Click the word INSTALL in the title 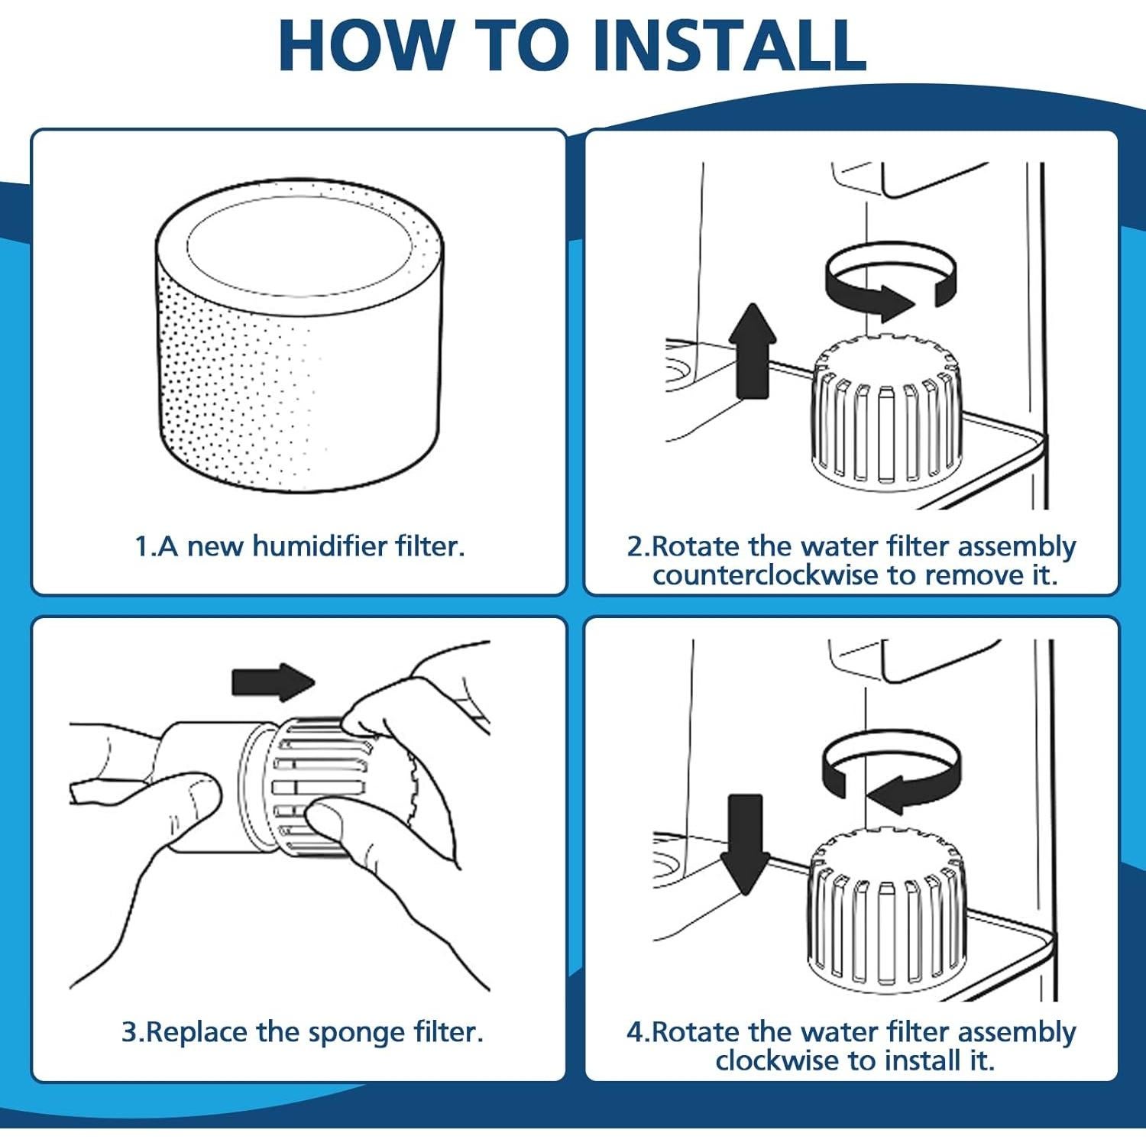tap(730, 45)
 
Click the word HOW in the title tap(364, 45)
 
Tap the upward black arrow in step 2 tap(753, 351)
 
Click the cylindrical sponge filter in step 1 tap(299, 336)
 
